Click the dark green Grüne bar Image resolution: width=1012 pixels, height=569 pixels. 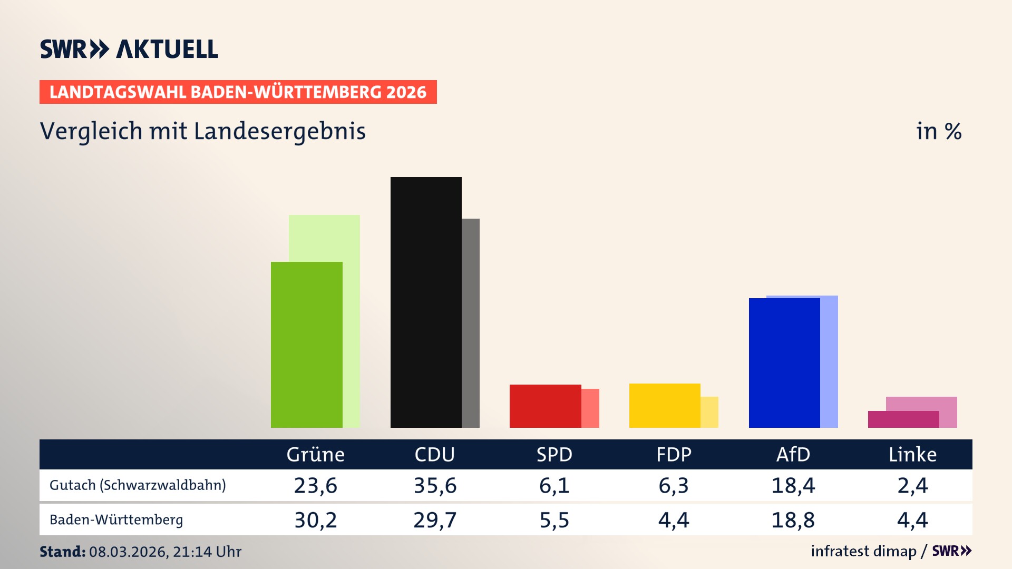[306, 345]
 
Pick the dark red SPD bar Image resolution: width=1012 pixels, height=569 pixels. [545, 406]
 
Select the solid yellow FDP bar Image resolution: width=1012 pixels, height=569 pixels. [665, 405]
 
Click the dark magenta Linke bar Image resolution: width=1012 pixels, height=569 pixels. [903, 419]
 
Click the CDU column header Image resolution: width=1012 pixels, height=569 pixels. [434, 455]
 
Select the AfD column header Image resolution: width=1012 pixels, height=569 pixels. [793, 455]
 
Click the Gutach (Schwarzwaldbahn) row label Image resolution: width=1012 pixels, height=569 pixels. [138, 485]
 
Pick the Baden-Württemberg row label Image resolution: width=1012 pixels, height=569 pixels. [116, 520]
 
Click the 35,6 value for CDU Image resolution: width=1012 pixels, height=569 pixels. [435, 485]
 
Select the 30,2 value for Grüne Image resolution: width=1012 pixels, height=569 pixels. [315, 520]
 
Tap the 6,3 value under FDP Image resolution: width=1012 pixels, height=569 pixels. [673, 485]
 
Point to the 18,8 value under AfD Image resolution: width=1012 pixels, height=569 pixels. [793, 520]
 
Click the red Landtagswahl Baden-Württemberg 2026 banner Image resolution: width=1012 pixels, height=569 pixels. [238, 92]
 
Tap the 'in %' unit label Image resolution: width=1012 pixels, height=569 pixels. [938, 131]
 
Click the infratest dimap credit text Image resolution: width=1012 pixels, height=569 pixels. [863, 551]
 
